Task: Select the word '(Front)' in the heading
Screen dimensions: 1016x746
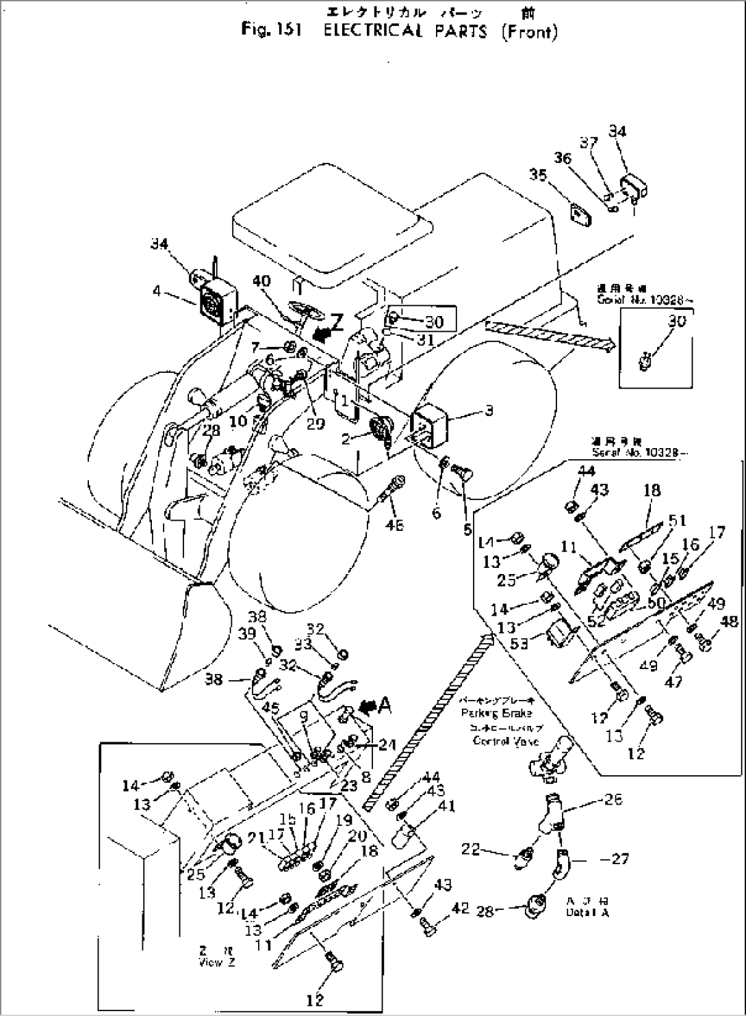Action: pos(529,31)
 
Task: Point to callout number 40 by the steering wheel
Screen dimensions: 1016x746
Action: pos(261,281)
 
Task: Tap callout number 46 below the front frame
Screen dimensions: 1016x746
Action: pos(395,525)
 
